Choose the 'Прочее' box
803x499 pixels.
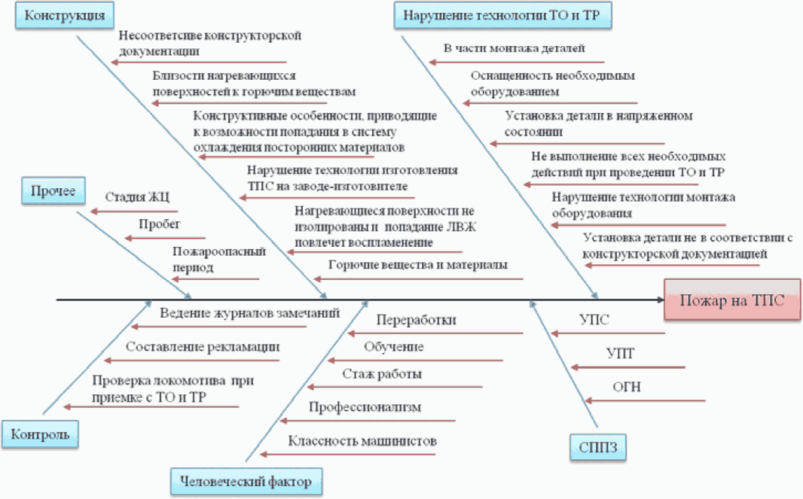coord(53,191)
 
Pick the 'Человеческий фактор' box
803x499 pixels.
coord(246,480)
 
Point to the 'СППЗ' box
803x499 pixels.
coord(598,447)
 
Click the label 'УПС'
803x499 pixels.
coord(594,318)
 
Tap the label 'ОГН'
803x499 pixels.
coord(627,388)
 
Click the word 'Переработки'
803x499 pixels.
coord(417,319)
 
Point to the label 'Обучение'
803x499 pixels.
coord(393,347)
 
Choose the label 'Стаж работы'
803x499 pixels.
coord(382,374)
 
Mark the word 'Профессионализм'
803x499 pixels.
coord(365,407)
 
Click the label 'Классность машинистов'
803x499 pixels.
coord(362,440)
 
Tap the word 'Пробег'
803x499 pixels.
coord(160,224)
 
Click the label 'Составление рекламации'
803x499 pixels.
coord(203,347)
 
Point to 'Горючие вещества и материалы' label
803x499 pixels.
coord(418,265)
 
